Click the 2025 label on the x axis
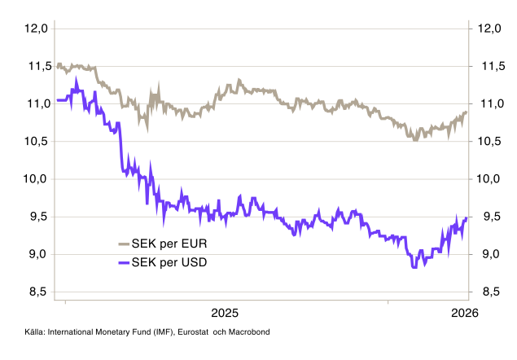pos(225,313)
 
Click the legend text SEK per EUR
pos(173,243)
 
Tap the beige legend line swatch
pos(124,243)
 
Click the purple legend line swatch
pos(124,262)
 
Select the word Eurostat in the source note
pos(186,332)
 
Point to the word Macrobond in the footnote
pos(249,332)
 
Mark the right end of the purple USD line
pos(467,217)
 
